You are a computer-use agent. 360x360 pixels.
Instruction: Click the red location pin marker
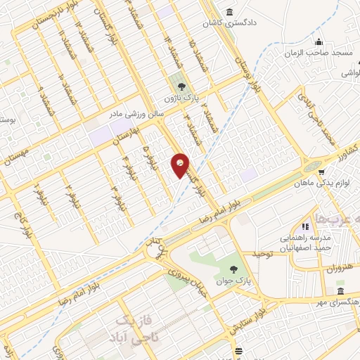[180, 165]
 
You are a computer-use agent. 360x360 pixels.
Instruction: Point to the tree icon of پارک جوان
[234, 269]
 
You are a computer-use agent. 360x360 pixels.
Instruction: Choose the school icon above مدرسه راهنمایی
[305, 226]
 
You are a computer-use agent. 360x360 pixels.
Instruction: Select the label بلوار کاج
[20, 226]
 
